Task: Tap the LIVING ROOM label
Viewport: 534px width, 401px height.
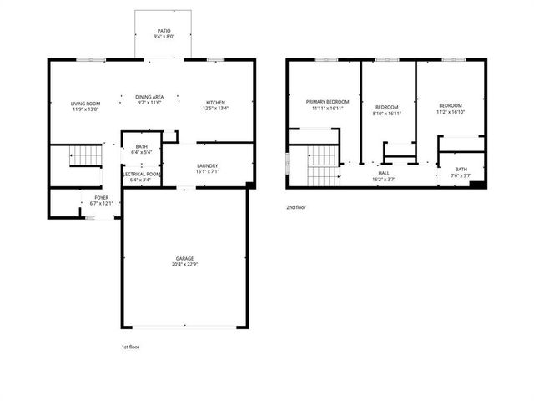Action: tap(85, 103)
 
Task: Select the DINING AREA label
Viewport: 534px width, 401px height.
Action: tap(150, 97)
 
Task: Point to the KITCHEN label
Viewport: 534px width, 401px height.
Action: tap(216, 103)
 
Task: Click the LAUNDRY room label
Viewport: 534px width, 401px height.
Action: tap(208, 166)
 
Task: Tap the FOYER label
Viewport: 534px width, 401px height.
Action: tap(101, 198)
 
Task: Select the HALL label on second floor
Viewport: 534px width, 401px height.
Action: tap(384, 173)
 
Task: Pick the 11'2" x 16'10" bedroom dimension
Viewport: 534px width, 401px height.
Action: tap(450, 112)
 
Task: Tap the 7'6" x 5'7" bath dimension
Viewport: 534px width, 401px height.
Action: tap(461, 175)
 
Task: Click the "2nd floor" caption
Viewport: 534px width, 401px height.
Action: tap(296, 206)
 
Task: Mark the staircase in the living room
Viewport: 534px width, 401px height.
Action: tap(83, 155)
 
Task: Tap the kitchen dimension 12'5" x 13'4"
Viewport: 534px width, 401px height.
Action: tap(216, 109)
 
